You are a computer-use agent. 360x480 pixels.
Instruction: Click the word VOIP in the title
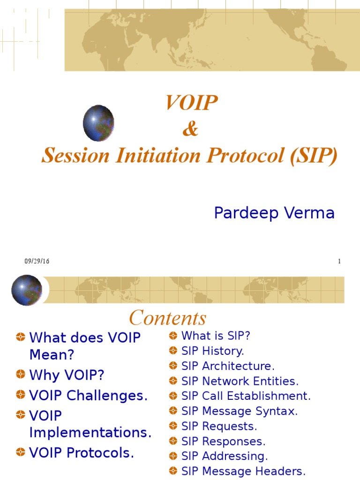191,103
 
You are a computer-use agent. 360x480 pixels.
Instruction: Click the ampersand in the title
190,130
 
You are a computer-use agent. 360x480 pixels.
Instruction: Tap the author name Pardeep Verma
274,213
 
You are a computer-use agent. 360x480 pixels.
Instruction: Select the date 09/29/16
37,262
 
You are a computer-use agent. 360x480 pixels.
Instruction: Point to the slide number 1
339,262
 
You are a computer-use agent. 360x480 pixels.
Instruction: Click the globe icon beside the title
98,123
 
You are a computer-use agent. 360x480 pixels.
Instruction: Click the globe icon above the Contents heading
27,290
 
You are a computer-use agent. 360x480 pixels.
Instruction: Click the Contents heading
167,318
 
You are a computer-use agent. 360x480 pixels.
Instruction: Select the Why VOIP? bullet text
67,375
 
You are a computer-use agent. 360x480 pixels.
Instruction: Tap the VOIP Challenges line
88,396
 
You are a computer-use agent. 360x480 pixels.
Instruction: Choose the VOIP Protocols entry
82,453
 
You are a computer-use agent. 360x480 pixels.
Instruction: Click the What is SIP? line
216,336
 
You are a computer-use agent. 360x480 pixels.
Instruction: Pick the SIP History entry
213,351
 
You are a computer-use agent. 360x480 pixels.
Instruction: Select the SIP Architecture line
228,366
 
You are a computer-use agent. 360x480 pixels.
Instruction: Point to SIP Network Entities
240,381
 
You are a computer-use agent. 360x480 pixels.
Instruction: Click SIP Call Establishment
246,396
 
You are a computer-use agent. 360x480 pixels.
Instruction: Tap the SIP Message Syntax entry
239,411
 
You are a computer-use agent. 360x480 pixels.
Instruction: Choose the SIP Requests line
219,426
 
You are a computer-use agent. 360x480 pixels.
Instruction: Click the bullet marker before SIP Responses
173,442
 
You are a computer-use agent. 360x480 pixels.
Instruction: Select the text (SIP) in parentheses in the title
313,156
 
